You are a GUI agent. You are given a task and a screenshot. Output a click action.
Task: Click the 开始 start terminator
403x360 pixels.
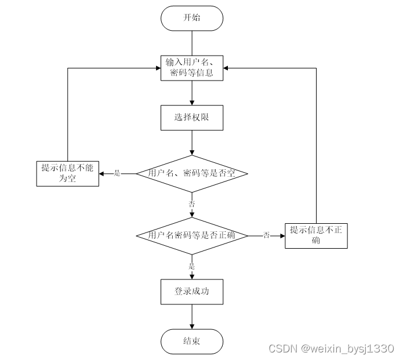click(x=192, y=18)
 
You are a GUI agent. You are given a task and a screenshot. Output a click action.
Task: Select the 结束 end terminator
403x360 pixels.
click(x=192, y=341)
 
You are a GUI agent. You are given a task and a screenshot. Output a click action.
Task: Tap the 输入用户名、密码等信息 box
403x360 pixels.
click(x=192, y=68)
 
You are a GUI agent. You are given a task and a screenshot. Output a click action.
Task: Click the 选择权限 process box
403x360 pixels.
click(x=192, y=118)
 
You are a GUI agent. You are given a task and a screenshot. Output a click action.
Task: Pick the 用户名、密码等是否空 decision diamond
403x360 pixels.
click(x=192, y=173)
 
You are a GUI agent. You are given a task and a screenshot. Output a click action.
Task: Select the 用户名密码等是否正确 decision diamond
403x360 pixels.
click(x=192, y=235)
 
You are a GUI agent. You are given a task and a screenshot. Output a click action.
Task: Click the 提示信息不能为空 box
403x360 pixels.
click(x=67, y=173)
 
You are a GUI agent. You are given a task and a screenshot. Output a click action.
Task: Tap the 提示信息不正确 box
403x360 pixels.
click(x=316, y=235)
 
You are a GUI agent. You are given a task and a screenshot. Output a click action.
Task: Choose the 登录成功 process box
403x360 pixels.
click(x=192, y=292)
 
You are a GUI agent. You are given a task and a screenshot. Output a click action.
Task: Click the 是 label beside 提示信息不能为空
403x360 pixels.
click(x=117, y=173)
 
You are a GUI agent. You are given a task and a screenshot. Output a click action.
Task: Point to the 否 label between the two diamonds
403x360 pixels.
click(x=192, y=203)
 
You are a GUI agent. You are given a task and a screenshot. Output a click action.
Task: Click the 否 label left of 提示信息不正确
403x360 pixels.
click(x=267, y=235)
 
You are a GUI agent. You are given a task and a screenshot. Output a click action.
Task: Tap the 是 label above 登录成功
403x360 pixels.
click(x=192, y=266)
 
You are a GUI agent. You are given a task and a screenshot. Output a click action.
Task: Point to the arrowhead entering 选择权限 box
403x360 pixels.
click(x=192, y=103)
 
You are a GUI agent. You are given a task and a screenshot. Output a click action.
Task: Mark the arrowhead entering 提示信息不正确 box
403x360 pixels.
click(x=282, y=235)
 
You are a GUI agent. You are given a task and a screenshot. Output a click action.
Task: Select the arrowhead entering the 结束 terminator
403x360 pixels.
click(x=192, y=326)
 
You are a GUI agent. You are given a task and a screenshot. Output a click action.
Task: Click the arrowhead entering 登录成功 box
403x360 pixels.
click(x=192, y=277)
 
